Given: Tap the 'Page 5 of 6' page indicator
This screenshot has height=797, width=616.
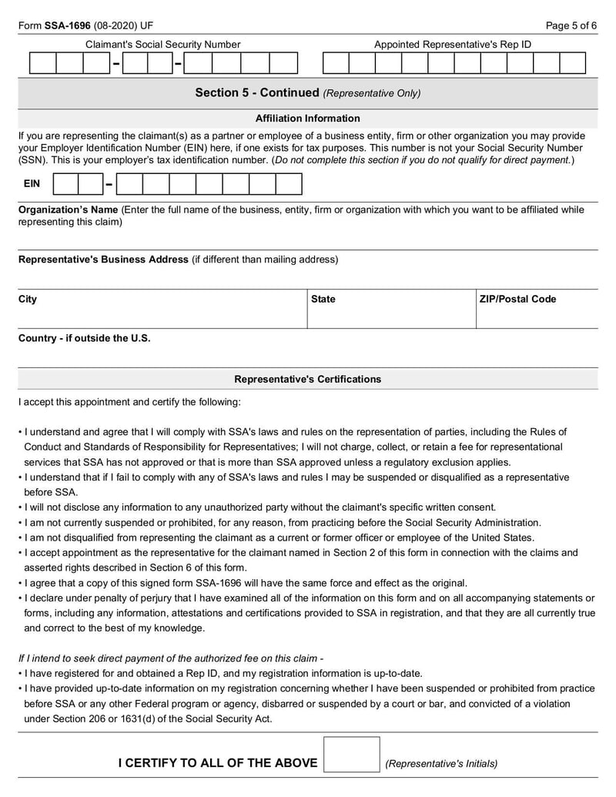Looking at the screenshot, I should point(571,25).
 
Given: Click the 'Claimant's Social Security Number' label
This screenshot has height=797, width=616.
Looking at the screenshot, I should point(162,45).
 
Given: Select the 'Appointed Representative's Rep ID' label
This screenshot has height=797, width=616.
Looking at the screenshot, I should point(453,45).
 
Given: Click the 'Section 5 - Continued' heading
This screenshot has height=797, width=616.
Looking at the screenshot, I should point(256,92).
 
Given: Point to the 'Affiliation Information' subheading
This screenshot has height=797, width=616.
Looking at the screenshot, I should point(307,119).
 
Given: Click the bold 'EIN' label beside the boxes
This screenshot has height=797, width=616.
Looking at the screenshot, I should point(32,185).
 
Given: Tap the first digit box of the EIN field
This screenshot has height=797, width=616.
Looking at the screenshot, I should point(65,185).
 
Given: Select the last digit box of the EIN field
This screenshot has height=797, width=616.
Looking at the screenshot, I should point(289,185).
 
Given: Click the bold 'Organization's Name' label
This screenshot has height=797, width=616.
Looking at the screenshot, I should point(68,209).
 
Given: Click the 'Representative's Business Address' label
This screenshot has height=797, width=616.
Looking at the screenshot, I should point(103,260).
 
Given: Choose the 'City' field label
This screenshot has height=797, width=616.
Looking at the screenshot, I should point(28,300).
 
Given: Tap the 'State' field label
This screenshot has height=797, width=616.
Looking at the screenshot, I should point(323,300).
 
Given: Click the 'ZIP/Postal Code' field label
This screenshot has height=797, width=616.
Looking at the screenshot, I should point(517,300).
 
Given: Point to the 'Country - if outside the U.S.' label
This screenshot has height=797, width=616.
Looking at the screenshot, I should point(85,338).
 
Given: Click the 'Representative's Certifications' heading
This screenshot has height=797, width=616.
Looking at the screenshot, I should point(307,379).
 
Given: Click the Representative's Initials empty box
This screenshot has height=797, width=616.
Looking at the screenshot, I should point(351,755).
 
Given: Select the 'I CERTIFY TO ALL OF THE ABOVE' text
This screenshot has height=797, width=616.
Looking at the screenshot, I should point(217,763).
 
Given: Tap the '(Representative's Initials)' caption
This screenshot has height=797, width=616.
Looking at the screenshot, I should point(441,764).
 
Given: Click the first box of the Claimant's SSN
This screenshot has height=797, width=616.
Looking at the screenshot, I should point(42,63).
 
